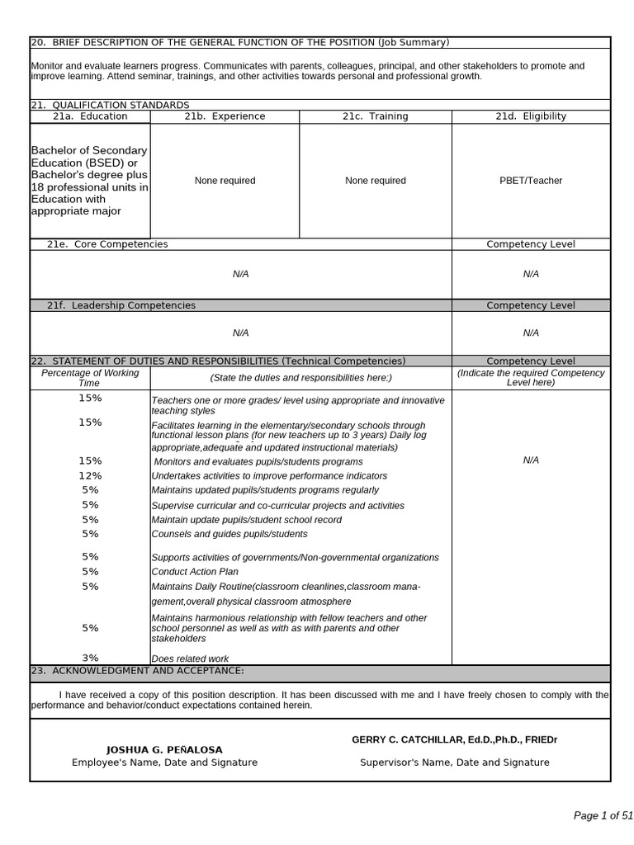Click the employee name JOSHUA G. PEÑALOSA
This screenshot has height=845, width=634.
pyautogui.click(x=164, y=749)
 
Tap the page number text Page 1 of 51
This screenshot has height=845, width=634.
pyautogui.click(x=603, y=815)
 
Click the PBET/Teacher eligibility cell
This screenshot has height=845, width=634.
pyautogui.click(x=531, y=181)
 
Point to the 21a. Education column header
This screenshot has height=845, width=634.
pyautogui.click(x=90, y=116)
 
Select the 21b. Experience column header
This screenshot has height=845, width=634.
pyautogui.click(x=225, y=116)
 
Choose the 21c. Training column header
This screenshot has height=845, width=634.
pyautogui.click(x=375, y=116)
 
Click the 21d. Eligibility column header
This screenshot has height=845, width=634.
pyautogui.click(x=531, y=116)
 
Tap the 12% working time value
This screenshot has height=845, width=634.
pyautogui.click(x=90, y=475)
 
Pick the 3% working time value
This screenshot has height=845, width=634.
pyautogui.click(x=90, y=658)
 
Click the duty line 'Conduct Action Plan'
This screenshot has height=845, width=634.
pyautogui.click(x=195, y=572)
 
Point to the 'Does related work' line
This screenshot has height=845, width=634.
pyautogui.click(x=190, y=659)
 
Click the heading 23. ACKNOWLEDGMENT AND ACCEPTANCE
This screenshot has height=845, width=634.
pyautogui.click(x=137, y=671)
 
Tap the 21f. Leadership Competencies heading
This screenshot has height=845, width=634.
pyautogui.click(x=121, y=305)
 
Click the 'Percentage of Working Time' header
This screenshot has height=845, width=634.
pyautogui.click(x=90, y=378)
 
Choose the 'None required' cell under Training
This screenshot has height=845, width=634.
pyautogui.click(x=375, y=181)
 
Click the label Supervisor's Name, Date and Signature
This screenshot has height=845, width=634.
pyautogui.click(x=454, y=762)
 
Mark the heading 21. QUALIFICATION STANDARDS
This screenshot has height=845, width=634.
pyautogui.click(x=110, y=105)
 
